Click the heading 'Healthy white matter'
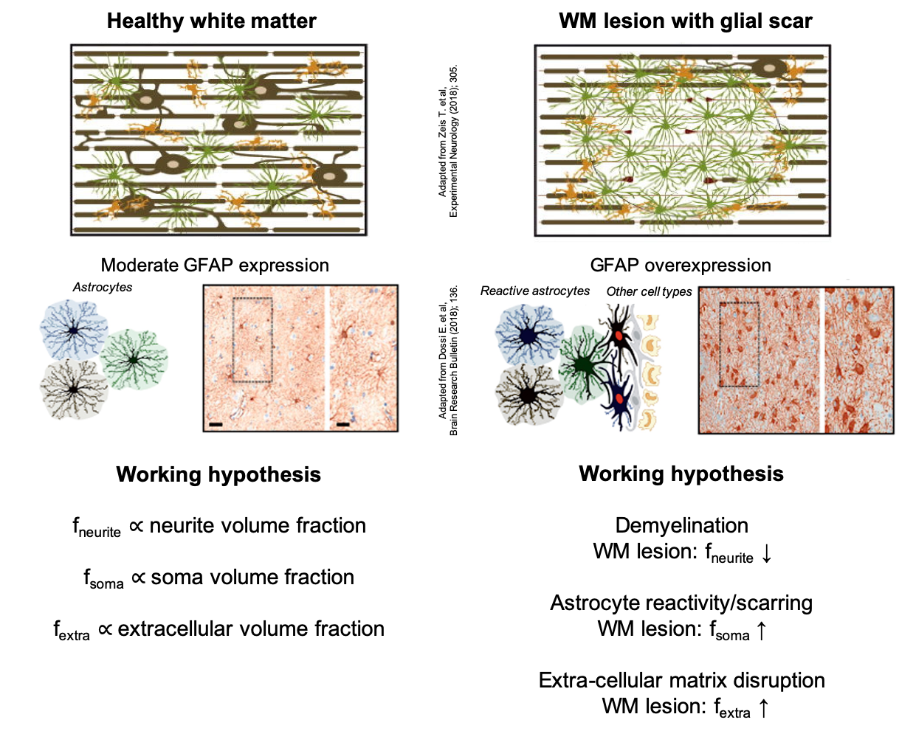(212, 21)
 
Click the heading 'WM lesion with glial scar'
(686, 21)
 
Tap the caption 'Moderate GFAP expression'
(215, 266)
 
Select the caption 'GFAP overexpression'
(681, 266)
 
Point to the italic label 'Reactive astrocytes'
(535, 291)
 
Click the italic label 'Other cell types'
(650, 291)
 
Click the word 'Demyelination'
(682, 526)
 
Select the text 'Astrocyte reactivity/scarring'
(682, 603)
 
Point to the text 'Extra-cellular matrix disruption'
(682, 680)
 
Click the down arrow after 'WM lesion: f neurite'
(766, 553)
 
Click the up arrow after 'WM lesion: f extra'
(763, 708)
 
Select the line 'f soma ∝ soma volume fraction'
(219, 578)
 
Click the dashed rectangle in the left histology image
(252, 339)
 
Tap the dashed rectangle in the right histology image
(740, 344)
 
